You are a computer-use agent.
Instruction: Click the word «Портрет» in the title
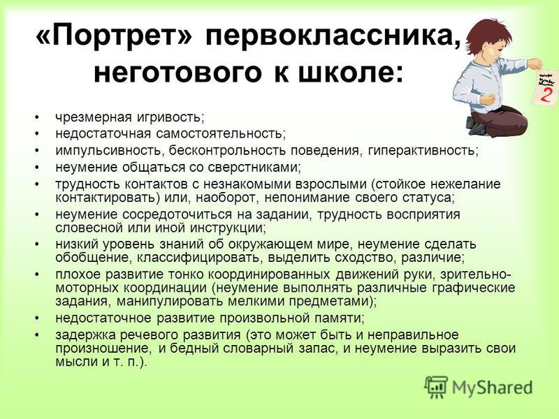tap(115, 37)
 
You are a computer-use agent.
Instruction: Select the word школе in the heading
tap(351, 73)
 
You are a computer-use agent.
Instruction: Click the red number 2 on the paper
tap(544, 94)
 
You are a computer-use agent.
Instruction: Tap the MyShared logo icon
tap(436, 387)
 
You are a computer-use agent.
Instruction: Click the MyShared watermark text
tap(493, 388)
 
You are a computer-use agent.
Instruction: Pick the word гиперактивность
tap(423, 151)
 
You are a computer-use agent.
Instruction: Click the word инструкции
tap(228, 228)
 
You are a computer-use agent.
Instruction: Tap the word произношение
tap(102, 348)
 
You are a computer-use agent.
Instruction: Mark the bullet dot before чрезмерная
tap(36, 117)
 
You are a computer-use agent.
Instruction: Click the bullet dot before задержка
tap(36, 335)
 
